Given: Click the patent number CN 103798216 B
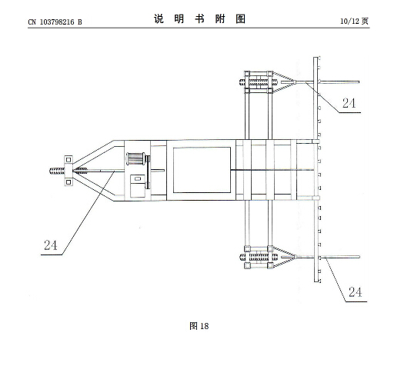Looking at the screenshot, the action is [55, 22].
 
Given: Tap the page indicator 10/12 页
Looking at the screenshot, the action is [355, 21].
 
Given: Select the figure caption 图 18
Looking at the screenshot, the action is [199, 326].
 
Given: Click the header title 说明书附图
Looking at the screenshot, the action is [199, 18].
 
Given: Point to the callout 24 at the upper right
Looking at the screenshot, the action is [349, 103].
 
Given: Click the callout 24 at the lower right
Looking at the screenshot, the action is [355, 292].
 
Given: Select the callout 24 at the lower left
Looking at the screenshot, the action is [51, 245].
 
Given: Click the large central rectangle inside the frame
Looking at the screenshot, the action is [202, 170].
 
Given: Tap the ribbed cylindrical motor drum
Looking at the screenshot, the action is [135, 159].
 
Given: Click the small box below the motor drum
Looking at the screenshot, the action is [138, 186].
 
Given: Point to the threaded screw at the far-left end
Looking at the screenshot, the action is [57, 171].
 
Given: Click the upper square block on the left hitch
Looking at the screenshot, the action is [69, 160].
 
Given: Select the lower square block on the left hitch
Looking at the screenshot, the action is [69, 181].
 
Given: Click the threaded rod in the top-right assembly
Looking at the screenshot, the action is [259, 82].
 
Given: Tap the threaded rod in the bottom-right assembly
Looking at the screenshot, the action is [259, 257].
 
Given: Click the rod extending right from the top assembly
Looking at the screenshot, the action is [339, 82].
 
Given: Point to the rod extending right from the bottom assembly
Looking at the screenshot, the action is [339, 257].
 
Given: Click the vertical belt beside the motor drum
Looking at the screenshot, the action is [148, 172].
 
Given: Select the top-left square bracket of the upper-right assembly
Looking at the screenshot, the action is [247, 74].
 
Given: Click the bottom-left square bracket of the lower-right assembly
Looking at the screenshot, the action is [247, 266].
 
